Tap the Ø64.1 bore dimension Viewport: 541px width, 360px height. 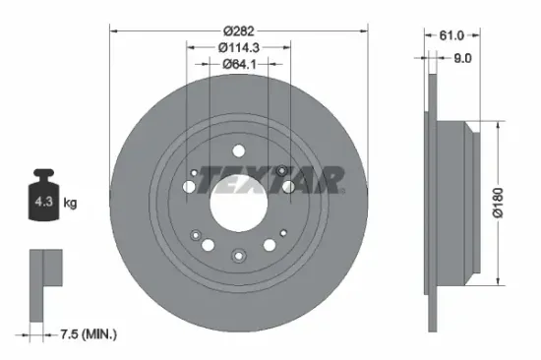237,64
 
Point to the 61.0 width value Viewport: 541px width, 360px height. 452,33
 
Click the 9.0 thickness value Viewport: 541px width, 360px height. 462,57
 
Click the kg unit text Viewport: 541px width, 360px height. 70,204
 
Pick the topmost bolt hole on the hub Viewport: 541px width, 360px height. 237,150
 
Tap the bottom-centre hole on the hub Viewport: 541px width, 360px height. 237,256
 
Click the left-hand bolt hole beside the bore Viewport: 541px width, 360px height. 190,186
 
